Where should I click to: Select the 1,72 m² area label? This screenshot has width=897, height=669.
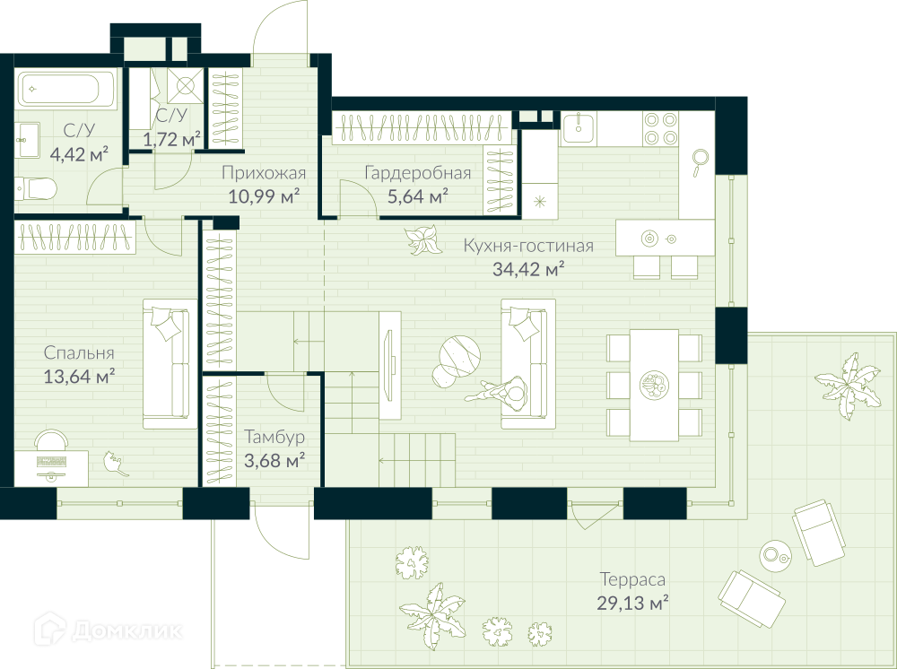[172, 139]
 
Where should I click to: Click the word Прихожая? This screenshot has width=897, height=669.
[264, 173]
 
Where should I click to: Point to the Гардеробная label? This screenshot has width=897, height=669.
[418, 173]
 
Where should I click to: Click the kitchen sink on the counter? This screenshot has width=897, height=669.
[579, 127]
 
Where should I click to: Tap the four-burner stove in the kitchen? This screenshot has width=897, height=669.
[660, 128]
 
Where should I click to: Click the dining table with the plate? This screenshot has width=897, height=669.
[655, 385]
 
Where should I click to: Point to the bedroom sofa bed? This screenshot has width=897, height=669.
[170, 364]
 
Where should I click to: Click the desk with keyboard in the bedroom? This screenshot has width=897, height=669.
[51, 468]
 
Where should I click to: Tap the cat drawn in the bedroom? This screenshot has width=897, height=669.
[117, 464]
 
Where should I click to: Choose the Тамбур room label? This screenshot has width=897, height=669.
[274, 437]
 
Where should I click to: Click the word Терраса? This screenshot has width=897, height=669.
[632, 580]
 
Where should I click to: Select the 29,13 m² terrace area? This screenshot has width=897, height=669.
[633, 604]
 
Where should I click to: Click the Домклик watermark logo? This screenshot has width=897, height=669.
[109, 630]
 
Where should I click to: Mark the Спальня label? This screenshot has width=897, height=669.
[79, 352]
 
